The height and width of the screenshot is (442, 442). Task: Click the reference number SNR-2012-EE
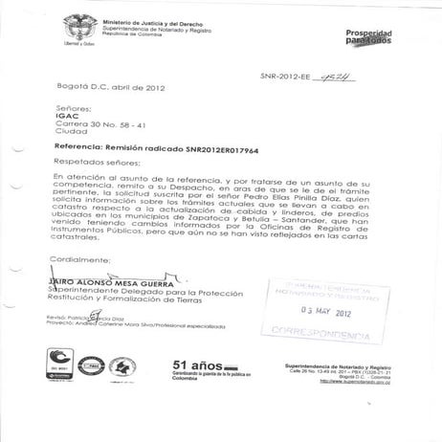(288, 77)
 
